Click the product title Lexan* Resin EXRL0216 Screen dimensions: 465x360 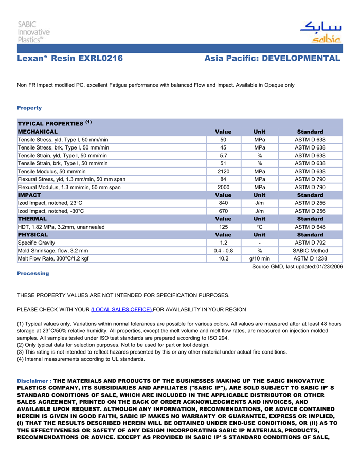[x=70, y=59]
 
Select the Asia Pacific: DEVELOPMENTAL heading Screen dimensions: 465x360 [x=272, y=59]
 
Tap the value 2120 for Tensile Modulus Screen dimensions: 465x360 [x=223, y=172]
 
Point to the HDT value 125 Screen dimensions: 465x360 [x=223, y=227]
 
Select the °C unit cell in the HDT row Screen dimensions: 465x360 [x=259, y=227]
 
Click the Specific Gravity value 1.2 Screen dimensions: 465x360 [x=223, y=243]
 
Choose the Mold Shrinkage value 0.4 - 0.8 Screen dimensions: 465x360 [x=223, y=251]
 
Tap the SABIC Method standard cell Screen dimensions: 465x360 [x=310, y=251]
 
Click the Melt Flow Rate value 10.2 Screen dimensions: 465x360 [x=223, y=258]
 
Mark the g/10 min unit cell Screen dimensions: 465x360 [x=259, y=258]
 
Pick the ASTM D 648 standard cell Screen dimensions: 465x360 [x=310, y=227]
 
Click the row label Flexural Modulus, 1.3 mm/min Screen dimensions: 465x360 [x=69, y=188]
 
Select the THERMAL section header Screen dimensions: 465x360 [x=32, y=219]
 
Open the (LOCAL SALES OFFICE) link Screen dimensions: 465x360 [x=121, y=309]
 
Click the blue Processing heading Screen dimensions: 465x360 [x=33, y=273]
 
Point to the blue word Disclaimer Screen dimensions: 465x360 [x=32, y=381]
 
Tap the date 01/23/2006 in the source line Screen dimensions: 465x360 [x=329, y=266]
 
